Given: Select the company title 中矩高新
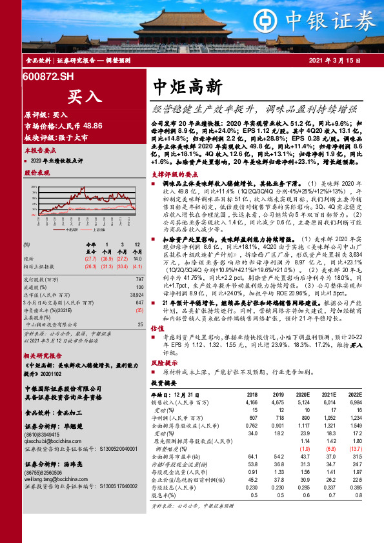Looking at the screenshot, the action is coord(188,86).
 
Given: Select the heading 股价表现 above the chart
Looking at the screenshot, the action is coord(37,173).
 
